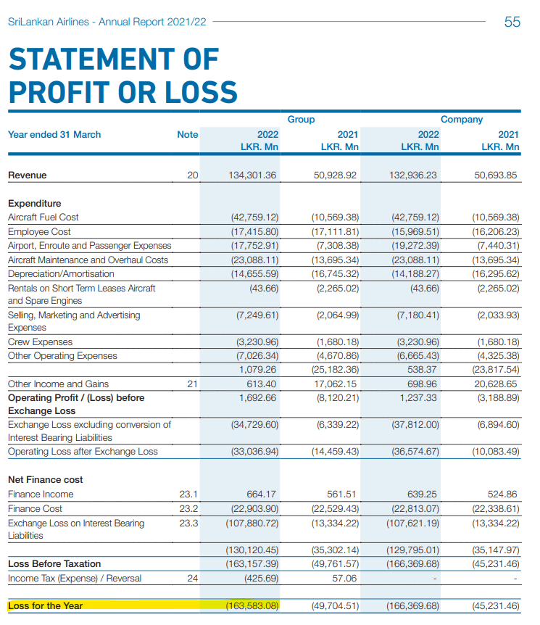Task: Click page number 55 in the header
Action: click(512, 22)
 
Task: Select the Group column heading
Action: click(301, 119)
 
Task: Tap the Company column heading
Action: click(461, 119)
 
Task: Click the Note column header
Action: click(187, 134)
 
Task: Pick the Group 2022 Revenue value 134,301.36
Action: click(253, 175)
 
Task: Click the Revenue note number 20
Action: click(192, 175)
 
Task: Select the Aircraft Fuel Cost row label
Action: click(43, 217)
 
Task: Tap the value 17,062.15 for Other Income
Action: click(335, 384)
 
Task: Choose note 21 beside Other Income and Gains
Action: click(192, 384)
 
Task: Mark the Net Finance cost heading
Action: click(45, 479)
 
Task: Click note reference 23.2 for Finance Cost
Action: click(188, 508)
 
